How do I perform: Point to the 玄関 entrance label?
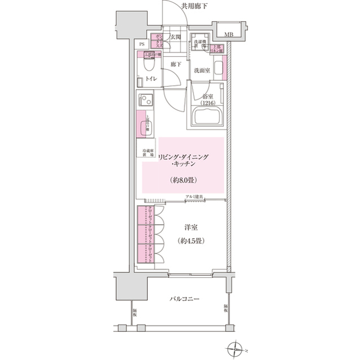click(175, 38)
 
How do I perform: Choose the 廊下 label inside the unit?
click(175, 65)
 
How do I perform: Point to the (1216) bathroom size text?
click(208, 104)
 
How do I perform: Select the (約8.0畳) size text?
click(183, 181)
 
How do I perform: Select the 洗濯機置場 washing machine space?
click(199, 45)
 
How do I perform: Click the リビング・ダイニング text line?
click(183, 157)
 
